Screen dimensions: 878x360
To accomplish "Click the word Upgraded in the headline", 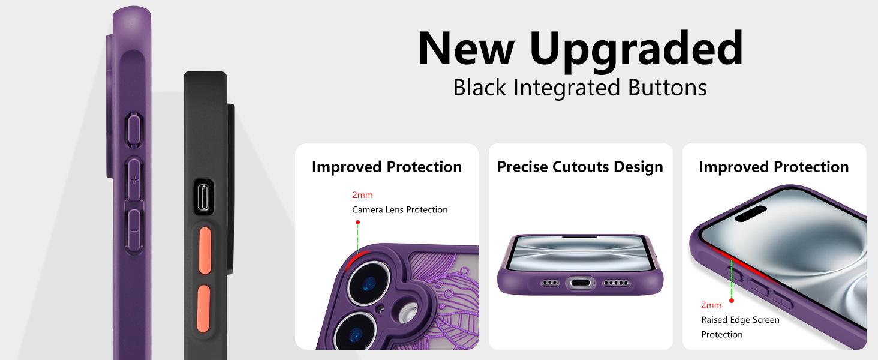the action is pos(636,50).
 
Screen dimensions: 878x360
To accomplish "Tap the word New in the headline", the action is pos(466,48).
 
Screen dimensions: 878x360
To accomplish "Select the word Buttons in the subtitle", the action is pos(667,87).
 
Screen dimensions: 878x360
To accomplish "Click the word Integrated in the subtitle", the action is pos(567,88).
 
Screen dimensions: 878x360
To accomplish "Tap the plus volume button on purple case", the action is pos(134,180).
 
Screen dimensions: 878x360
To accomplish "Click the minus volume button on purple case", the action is pos(134,229).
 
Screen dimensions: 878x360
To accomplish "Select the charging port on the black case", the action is pos(204,197).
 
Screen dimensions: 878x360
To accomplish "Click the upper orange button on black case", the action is pos(205,250).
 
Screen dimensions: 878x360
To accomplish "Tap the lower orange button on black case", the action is pos(203,308).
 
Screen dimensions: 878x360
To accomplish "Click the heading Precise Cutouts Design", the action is pos(580,167).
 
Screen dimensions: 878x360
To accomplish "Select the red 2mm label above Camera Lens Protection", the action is pos(362,195).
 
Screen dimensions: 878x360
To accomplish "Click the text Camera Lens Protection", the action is pos(400,210).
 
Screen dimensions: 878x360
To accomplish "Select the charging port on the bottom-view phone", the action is pos(581,283).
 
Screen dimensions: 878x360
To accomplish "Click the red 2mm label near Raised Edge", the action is pos(711,305).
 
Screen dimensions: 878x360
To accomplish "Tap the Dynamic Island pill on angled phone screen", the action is pos(750,214).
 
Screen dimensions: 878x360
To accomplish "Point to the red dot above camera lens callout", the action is pos(357,223).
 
